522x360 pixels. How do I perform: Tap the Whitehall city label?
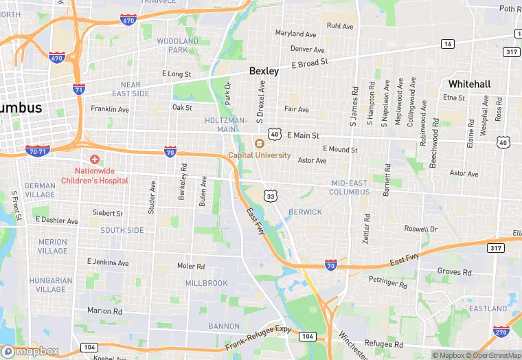(469, 84)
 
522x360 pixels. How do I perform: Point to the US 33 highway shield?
(271, 196)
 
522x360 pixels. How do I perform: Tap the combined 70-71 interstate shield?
(37, 150)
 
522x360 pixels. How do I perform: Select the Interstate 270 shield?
(501, 331)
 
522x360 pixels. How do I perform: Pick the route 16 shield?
(448, 44)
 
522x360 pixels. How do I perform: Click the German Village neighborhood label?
(40, 190)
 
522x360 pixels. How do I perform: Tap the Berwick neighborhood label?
(305, 212)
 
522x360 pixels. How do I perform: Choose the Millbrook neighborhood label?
(206, 283)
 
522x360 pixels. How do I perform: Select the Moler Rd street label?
(191, 266)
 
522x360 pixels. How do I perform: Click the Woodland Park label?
(177, 45)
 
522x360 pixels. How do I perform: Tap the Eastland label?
(488, 309)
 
